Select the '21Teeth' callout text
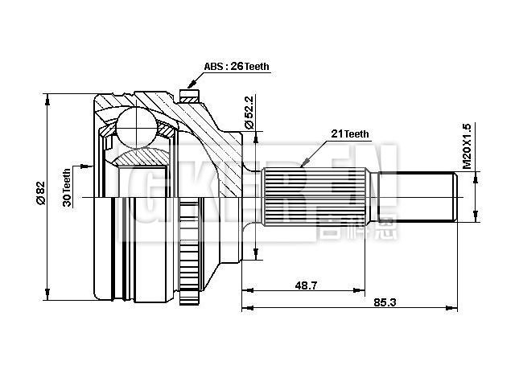click(x=349, y=133)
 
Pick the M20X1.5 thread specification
click(x=466, y=146)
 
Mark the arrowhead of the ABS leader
click(x=190, y=83)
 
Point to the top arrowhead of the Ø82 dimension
click(x=48, y=99)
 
